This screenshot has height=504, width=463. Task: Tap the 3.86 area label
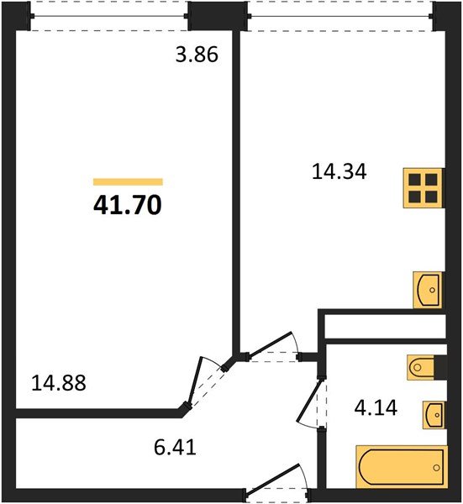[x=197, y=58]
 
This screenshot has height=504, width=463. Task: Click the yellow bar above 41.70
[x=128, y=181]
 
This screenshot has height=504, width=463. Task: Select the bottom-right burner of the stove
[x=432, y=197]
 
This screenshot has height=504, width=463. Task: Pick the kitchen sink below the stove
[x=429, y=291]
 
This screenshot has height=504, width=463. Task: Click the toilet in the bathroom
[x=424, y=366]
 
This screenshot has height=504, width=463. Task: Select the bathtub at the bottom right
[x=401, y=465]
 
